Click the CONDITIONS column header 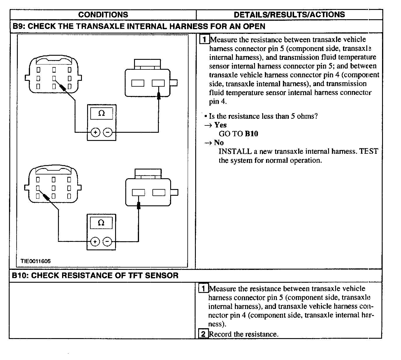[103, 15]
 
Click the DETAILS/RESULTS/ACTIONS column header [289, 15]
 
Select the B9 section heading [139, 26]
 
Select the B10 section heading [95, 275]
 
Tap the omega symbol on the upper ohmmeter [101, 113]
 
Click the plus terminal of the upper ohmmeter [96, 132]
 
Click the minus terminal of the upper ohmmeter [108, 132]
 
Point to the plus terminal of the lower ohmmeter [95, 242]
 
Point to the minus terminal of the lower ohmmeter [107, 242]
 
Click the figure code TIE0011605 [36, 261]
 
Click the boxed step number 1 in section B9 [205, 39]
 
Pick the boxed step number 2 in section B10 [203, 334]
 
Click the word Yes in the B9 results [220, 125]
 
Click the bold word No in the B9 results [219, 143]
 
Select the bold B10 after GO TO [251, 134]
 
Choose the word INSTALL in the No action [235, 151]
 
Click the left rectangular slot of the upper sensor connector [138, 83]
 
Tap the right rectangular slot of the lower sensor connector [159, 193]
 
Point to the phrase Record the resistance [244, 334]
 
